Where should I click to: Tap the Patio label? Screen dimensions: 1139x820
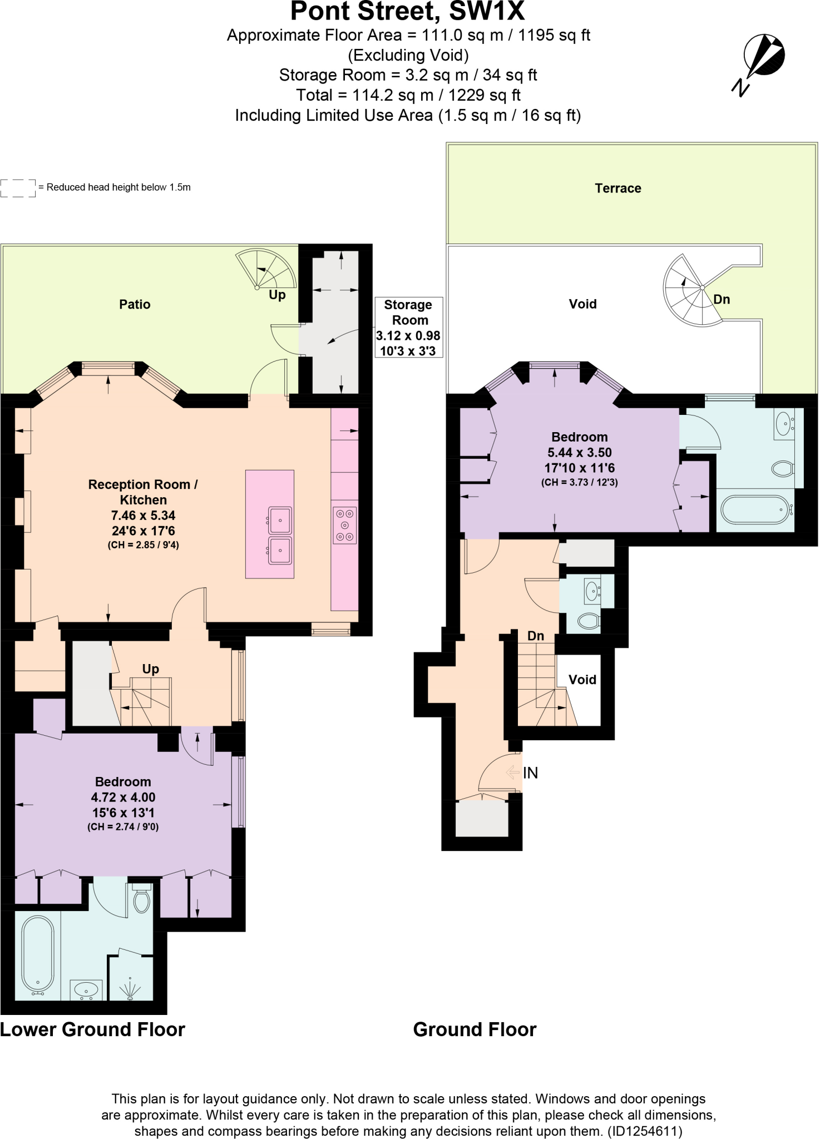pyautogui.click(x=135, y=304)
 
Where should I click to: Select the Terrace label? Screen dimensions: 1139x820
pyautogui.click(x=618, y=188)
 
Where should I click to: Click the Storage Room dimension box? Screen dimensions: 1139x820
pyautogui.click(x=409, y=327)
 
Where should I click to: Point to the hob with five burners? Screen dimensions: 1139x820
pyautogui.click(x=345, y=525)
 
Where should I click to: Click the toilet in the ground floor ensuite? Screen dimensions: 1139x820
pyautogui.click(x=783, y=468)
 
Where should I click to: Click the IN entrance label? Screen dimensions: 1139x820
pyautogui.click(x=530, y=772)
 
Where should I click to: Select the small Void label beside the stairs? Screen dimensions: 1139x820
pyautogui.click(x=582, y=680)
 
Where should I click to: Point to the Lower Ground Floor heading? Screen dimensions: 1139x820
pyautogui.click(x=92, y=1029)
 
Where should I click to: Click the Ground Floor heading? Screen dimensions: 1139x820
pyautogui.click(x=475, y=1029)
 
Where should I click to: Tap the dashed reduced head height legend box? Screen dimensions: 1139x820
pyautogui.click(x=18, y=188)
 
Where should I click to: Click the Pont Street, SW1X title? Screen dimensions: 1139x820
pyautogui.click(x=407, y=11)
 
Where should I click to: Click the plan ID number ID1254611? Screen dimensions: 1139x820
pyautogui.click(x=644, y=1131)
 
